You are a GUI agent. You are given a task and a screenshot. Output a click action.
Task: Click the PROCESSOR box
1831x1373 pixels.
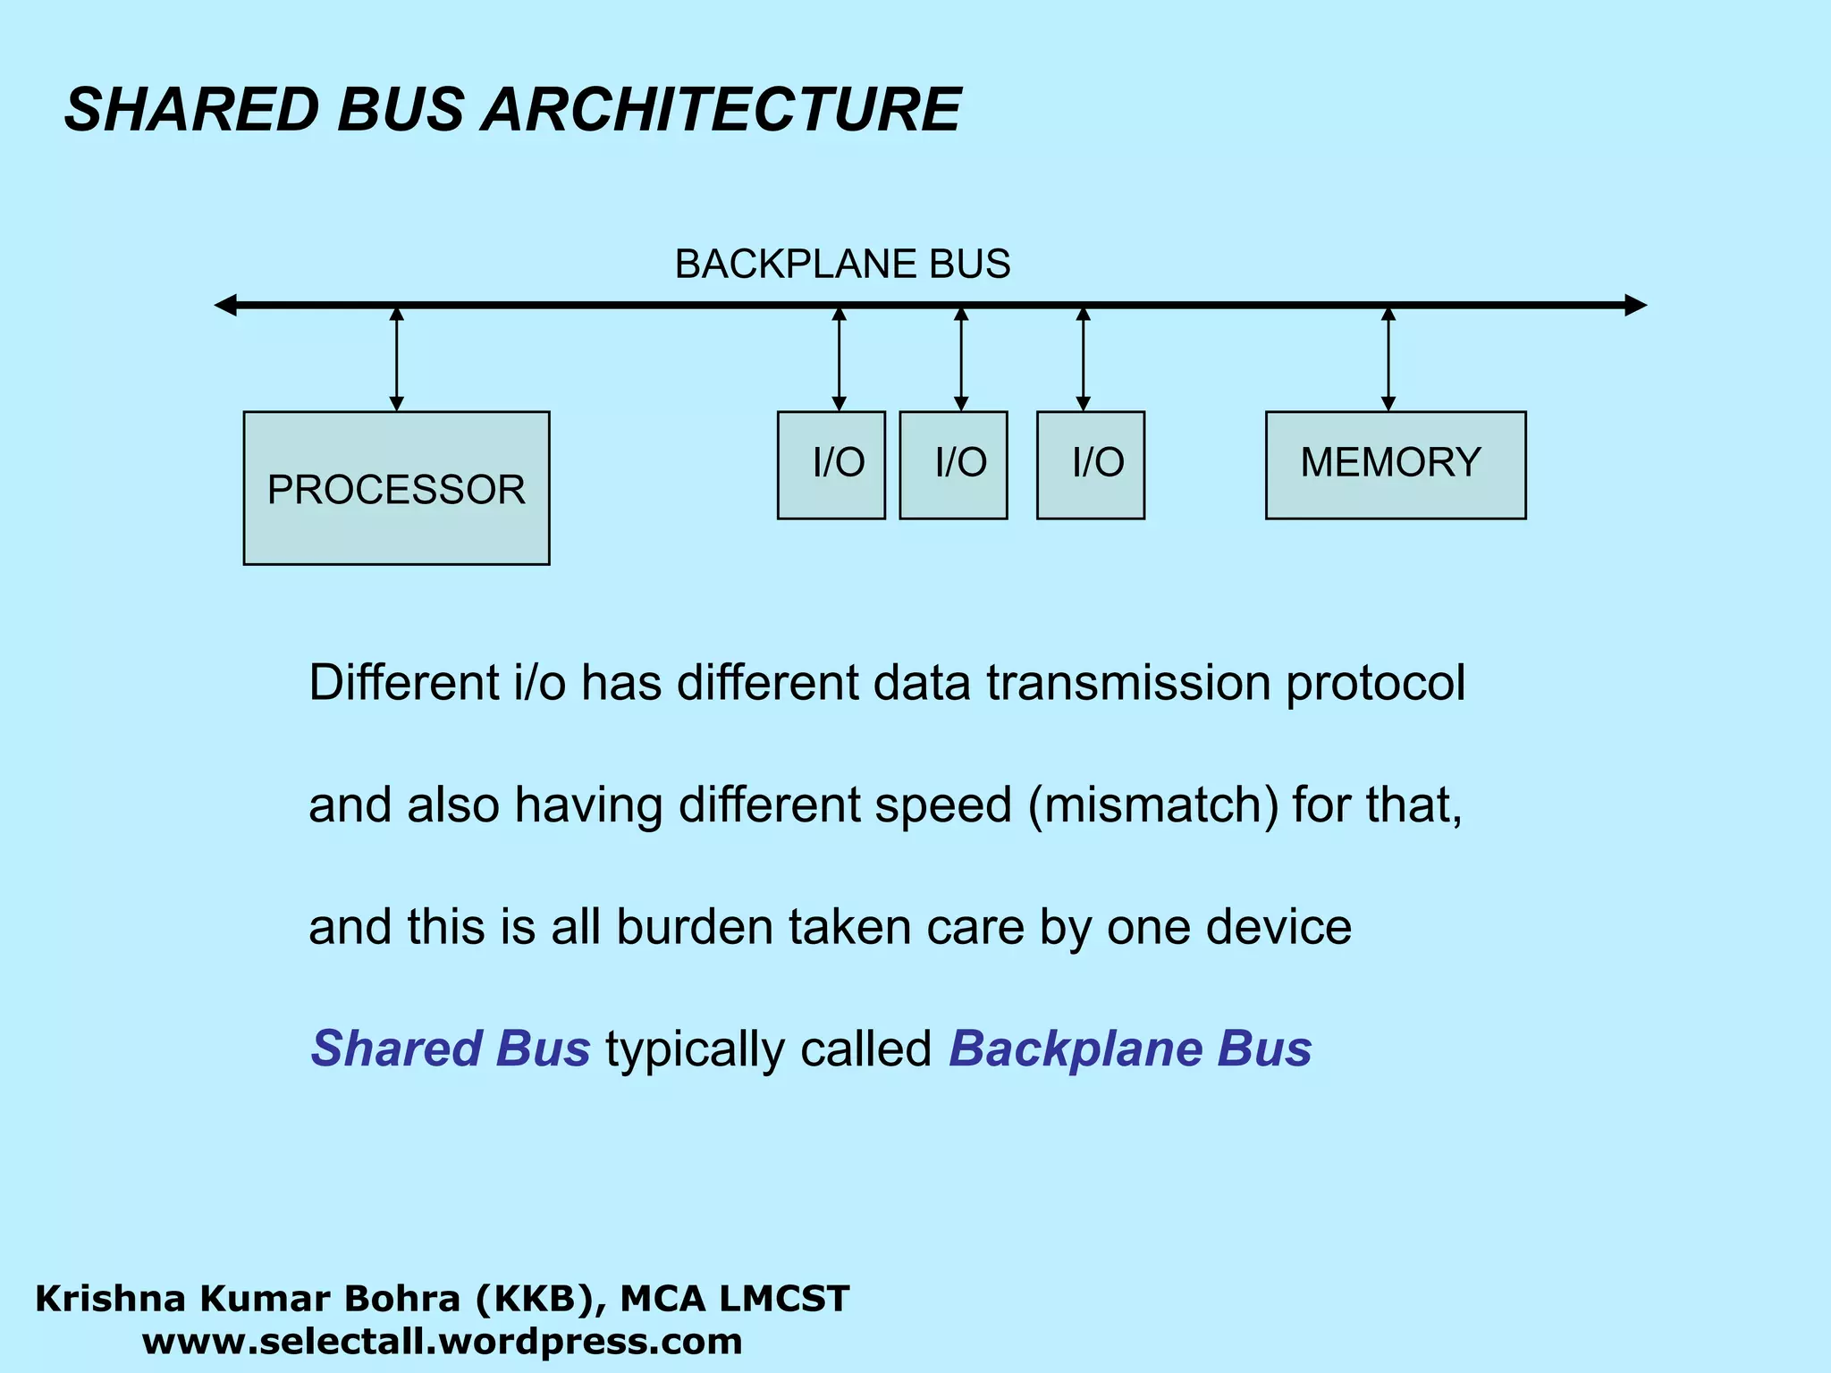pos(396,488)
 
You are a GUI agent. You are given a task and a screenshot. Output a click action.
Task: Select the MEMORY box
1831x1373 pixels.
pos(1395,465)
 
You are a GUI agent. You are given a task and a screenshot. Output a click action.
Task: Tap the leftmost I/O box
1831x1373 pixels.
pos(831,465)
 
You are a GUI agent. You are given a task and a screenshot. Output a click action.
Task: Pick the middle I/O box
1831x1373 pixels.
pos(953,465)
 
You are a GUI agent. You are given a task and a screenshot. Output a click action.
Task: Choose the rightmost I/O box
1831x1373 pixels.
pos(1090,465)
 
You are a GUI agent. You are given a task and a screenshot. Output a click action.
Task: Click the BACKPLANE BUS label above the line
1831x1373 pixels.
pos(842,265)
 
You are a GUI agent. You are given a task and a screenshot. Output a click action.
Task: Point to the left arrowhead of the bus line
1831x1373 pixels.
pos(225,306)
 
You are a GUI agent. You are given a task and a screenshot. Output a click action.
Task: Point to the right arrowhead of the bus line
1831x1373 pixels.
pos(1635,306)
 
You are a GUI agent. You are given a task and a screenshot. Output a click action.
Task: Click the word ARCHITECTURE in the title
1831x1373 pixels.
pos(722,110)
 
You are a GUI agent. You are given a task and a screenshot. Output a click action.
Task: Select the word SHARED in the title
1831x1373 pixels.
pos(191,110)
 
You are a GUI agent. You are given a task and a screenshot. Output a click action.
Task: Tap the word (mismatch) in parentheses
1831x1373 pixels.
pos(1153,804)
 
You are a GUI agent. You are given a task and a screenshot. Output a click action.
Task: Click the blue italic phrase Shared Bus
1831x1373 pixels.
pos(450,1049)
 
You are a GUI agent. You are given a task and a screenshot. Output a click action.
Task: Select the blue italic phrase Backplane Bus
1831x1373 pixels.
pos(1129,1049)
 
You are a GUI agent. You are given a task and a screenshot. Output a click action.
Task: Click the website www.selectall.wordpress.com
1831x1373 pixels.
pos(443,1342)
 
